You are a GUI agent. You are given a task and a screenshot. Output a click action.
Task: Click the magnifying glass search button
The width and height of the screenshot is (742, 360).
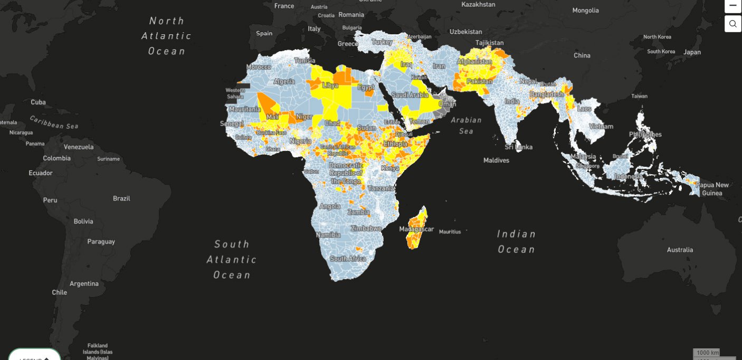point(733,24)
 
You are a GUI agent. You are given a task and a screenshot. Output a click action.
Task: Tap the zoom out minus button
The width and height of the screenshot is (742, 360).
point(733,5)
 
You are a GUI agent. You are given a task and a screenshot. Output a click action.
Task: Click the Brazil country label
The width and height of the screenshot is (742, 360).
point(121,198)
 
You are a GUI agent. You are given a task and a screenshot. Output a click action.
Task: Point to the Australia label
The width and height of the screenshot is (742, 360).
point(680,250)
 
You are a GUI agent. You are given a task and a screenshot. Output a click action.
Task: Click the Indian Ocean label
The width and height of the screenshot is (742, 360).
point(516,241)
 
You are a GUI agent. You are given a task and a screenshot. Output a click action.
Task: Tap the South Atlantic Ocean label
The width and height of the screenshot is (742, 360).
point(231,259)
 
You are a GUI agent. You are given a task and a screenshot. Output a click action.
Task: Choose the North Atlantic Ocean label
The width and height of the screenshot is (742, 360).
point(166,36)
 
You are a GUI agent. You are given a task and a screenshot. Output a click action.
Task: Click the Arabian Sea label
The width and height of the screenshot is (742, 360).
point(466,125)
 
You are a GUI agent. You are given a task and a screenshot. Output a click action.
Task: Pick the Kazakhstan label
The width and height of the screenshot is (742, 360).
point(478,4)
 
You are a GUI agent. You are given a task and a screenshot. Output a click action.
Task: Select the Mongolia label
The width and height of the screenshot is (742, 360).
point(586,11)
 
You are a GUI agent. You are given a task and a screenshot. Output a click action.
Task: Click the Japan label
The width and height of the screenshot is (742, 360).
point(692,52)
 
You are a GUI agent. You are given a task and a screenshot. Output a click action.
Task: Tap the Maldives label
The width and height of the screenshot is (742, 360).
point(497,160)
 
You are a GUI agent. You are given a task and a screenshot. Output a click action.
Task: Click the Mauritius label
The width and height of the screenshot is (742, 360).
point(450,232)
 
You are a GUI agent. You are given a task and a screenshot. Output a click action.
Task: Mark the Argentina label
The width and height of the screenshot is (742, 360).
point(84,283)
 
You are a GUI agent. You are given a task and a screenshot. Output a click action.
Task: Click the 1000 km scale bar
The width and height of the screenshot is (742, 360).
point(707,353)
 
